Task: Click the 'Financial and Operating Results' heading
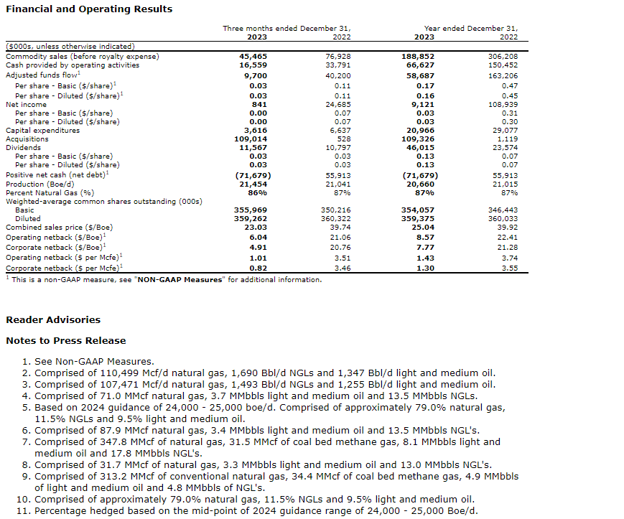[89, 9]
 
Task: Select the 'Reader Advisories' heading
[53, 320]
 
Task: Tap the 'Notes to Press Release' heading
[65, 341]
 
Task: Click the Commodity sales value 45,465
[253, 56]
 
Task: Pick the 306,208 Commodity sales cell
[503, 56]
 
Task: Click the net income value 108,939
[503, 105]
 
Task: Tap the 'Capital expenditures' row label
[43, 131]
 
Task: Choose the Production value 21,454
[253, 184]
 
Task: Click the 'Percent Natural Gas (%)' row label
[50, 192]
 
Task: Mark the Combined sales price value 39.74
[337, 227]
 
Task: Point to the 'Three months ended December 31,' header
[290, 29]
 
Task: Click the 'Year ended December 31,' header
[470, 29]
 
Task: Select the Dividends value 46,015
[420, 148]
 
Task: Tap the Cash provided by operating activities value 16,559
[253, 65]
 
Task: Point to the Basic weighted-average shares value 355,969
[251, 210]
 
